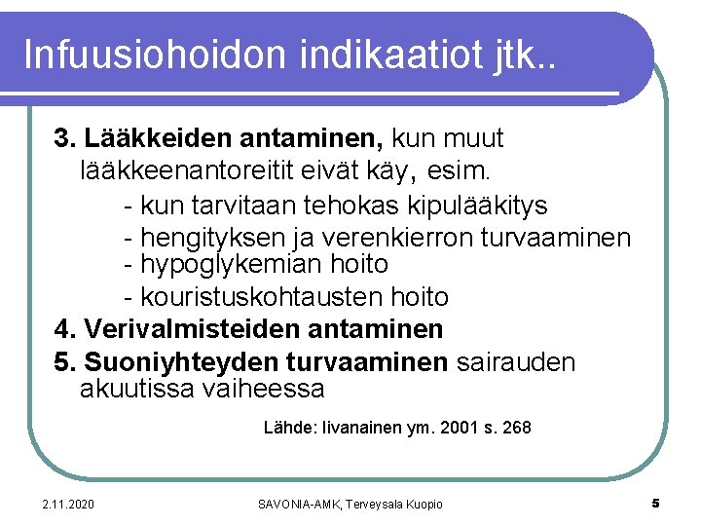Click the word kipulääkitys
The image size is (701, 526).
click(x=479, y=206)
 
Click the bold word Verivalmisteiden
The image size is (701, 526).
click(x=183, y=329)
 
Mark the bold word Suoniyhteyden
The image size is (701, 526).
click(x=181, y=362)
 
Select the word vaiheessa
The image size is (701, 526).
click(x=264, y=389)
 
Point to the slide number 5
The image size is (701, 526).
click(x=655, y=503)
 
